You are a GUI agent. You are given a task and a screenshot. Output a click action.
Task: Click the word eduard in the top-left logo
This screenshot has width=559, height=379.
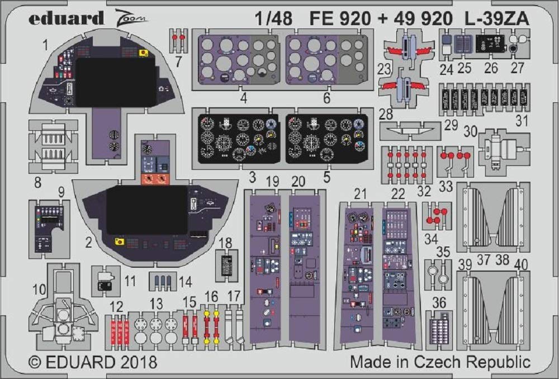click(67, 18)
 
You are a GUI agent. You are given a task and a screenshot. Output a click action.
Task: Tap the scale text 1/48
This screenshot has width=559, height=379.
click(273, 18)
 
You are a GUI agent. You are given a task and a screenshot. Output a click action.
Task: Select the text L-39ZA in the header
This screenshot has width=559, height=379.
click(496, 18)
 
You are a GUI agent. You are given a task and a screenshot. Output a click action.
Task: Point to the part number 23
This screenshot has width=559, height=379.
click(385, 69)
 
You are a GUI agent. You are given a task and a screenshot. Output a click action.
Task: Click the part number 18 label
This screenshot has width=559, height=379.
click(225, 243)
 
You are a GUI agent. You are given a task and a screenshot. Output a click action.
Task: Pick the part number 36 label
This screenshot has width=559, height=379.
click(439, 303)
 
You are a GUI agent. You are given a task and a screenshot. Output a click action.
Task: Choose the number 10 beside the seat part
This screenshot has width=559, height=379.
click(39, 290)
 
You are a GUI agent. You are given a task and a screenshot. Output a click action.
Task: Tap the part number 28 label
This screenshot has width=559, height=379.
click(386, 114)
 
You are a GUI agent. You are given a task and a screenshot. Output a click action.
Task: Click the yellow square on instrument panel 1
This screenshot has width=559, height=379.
click(144, 53)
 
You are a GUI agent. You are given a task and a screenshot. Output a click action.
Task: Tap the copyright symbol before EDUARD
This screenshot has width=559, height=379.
click(35, 362)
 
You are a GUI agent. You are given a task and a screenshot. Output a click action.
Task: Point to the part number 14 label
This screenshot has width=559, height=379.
click(185, 282)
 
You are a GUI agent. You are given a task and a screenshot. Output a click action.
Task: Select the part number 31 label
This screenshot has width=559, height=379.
click(522, 121)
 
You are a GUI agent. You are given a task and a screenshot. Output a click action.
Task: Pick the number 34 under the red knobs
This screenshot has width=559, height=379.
click(431, 239)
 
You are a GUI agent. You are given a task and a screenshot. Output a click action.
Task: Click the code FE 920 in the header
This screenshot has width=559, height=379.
click(340, 18)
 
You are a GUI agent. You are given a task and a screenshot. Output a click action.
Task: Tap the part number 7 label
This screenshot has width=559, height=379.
click(178, 61)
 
